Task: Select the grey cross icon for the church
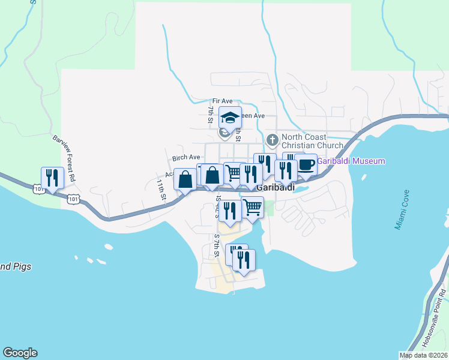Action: pos(272,140)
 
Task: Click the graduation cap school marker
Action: pos(229,117)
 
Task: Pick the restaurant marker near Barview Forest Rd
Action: pos(52,178)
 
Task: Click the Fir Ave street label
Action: pos(221,101)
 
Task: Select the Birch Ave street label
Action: pos(186,157)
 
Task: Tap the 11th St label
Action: pos(161,189)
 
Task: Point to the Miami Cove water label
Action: pos(402,211)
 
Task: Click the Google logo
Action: pos(20,353)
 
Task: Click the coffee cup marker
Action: pos(306,164)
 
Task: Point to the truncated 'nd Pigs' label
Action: pos(16,266)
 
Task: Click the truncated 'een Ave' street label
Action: pos(252,115)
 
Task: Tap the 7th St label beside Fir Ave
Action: pos(211,115)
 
